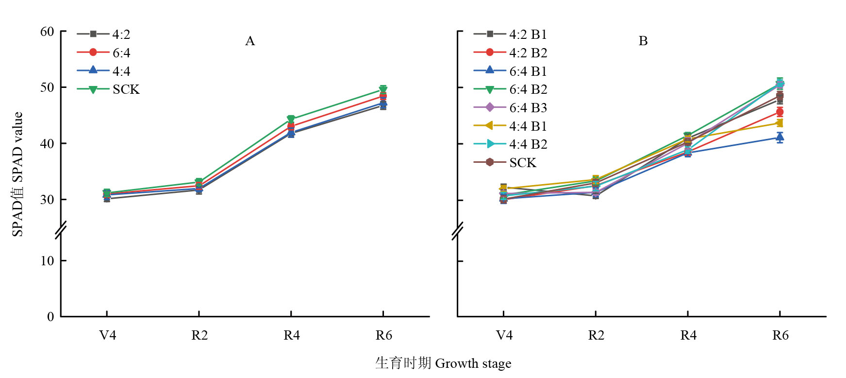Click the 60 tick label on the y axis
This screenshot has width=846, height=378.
click(47, 32)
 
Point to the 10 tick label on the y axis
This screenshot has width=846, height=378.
click(47, 261)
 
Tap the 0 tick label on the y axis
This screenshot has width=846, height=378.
click(50, 317)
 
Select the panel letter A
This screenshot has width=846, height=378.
click(250, 41)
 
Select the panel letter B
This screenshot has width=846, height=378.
click(643, 41)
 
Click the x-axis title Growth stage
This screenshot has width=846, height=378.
click(443, 363)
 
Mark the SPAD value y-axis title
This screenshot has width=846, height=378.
click(17, 174)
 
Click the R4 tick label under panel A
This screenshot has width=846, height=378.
click(292, 335)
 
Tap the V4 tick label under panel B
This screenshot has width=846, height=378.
click(504, 335)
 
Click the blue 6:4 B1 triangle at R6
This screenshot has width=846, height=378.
click(780, 137)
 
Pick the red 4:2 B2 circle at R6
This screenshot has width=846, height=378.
click(780, 112)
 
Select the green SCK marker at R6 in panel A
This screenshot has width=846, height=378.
click(383, 89)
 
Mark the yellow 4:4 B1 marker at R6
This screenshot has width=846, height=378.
click(780, 123)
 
